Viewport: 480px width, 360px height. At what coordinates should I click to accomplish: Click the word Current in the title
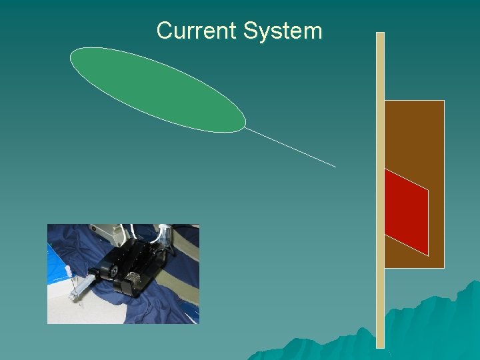coord(197,31)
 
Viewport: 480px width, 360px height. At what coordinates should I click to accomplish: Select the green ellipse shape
coord(157,89)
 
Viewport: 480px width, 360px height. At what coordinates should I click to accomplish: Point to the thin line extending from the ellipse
coord(291,147)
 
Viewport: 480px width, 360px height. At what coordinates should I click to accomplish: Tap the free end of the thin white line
coord(335,166)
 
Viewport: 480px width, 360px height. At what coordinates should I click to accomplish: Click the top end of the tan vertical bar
coord(381,35)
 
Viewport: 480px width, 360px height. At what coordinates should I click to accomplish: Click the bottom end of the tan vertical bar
coord(381,345)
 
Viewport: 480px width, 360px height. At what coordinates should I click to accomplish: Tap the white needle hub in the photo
coord(67,272)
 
